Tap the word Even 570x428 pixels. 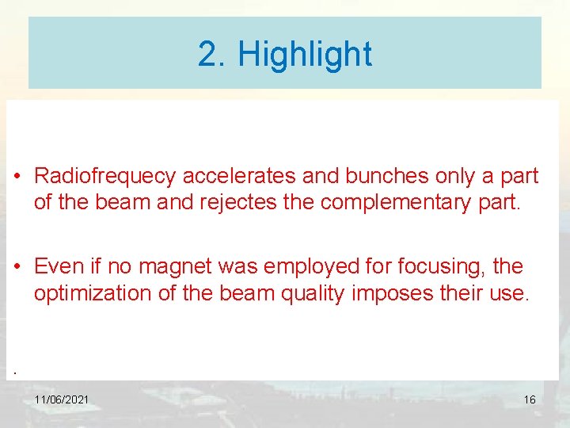pyautogui.click(x=59, y=266)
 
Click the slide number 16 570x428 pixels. pyautogui.click(x=530, y=400)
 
